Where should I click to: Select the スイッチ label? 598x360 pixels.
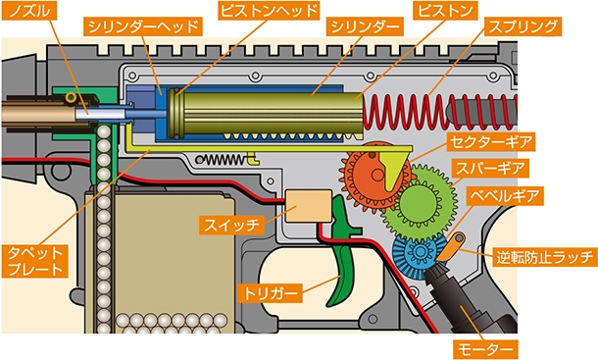232,226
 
